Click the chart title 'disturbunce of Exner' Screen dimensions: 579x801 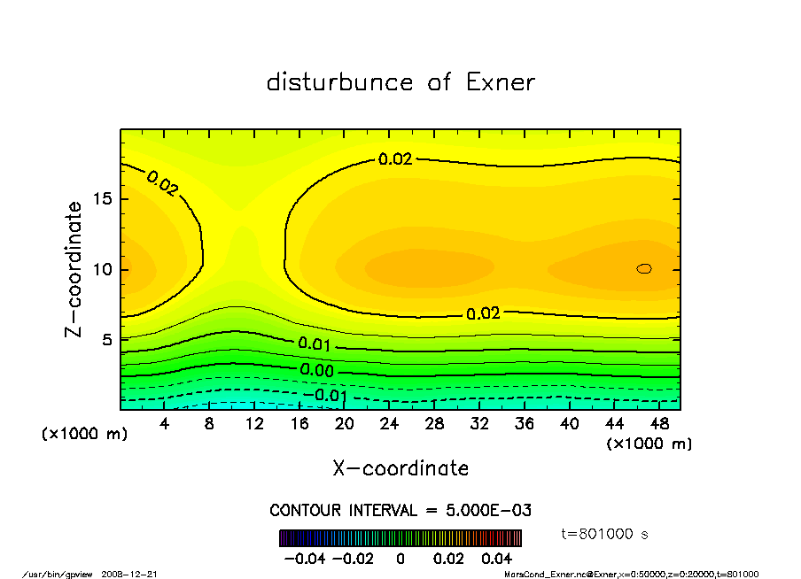[x=400, y=82]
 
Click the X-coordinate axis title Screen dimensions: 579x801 [x=400, y=468]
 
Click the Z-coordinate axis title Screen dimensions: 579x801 [x=74, y=269]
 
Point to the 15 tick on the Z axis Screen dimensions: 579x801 [x=103, y=198]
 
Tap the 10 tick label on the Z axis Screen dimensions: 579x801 [x=103, y=269]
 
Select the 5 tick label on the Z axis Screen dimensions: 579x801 [x=107, y=340]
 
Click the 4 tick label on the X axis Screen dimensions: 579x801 [x=165, y=424]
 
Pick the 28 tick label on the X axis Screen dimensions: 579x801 [x=434, y=424]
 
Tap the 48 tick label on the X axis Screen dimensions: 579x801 [x=659, y=424]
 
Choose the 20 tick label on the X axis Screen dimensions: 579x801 [x=345, y=424]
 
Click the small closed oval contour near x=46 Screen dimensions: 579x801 [x=644, y=268]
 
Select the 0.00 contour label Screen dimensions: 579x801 [x=316, y=370]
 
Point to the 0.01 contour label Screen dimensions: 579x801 [x=315, y=344]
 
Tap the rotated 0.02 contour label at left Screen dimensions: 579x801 [x=162, y=183]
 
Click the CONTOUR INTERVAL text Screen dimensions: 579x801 [x=400, y=511]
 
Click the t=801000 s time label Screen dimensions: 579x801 [x=605, y=534]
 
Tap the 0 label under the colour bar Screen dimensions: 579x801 [x=400, y=559]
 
